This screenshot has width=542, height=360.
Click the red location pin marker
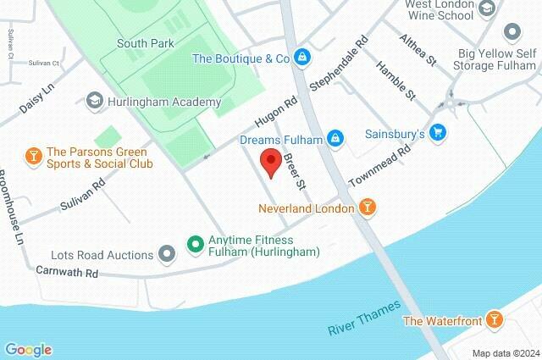coord(270,162)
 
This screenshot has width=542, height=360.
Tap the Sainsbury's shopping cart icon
coord(438,132)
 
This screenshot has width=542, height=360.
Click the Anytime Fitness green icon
coord(194,245)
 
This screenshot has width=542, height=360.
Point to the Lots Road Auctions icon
coord(168,254)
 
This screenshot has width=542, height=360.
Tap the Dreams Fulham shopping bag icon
coord(336,138)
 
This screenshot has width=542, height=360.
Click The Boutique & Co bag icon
coord(303,58)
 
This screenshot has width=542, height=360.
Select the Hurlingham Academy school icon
coord(94,101)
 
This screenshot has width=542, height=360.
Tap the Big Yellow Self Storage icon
coord(511,33)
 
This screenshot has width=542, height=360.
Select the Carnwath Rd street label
coord(68,273)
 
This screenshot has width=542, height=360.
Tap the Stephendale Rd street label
coord(339,64)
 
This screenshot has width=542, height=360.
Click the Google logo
coord(28,349)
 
